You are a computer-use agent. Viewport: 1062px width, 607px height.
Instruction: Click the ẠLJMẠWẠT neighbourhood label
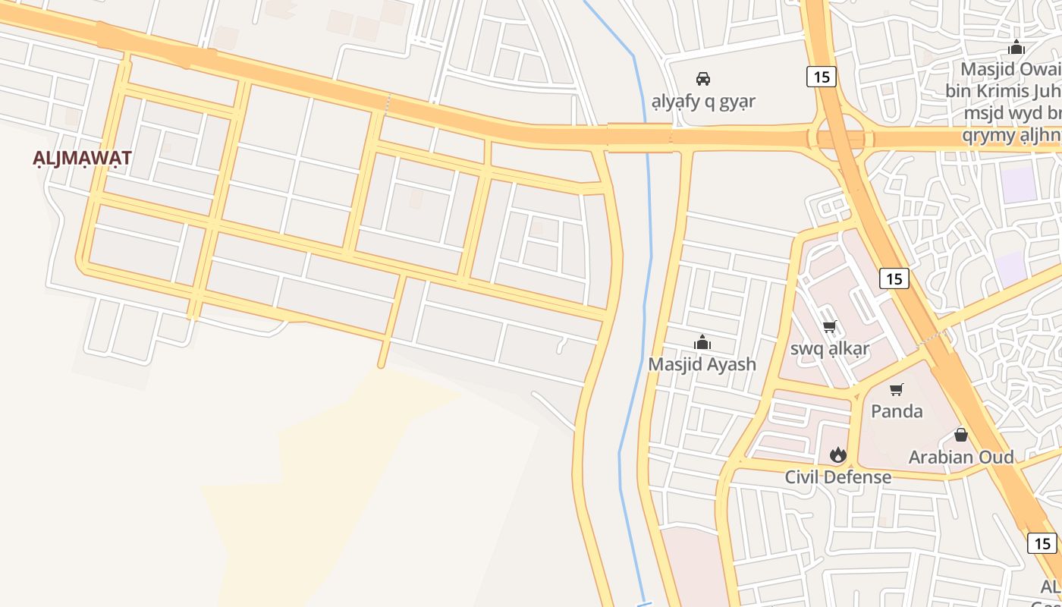click(82, 159)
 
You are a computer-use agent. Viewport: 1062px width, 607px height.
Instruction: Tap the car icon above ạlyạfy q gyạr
click(703, 78)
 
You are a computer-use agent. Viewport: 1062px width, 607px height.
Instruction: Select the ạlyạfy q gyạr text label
click(703, 101)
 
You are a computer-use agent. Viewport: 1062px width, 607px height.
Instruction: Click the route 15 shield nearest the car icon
click(821, 76)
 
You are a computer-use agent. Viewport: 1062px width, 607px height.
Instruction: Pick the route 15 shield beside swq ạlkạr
click(894, 278)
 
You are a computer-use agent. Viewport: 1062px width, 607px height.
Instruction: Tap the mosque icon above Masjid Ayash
click(702, 343)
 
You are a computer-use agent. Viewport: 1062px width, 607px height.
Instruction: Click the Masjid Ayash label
click(702, 364)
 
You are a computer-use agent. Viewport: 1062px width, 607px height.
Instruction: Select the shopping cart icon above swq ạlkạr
click(829, 327)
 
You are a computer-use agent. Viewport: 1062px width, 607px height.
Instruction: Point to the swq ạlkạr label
click(830, 349)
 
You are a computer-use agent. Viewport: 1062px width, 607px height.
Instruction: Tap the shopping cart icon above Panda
click(897, 390)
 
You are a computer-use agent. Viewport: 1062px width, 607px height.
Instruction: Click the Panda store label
click(897, 411)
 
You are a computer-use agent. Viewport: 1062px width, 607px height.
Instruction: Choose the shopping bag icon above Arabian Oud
click(960, 435)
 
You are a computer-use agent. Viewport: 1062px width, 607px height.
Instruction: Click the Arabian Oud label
click(961, 457)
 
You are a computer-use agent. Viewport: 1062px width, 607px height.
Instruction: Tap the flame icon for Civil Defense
click(837, 454)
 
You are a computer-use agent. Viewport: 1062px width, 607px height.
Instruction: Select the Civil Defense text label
click(837, 477)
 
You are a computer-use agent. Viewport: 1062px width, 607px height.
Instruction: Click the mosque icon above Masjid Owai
click(1016, 48)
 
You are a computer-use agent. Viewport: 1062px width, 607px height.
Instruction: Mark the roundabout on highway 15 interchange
click(841, 139)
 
